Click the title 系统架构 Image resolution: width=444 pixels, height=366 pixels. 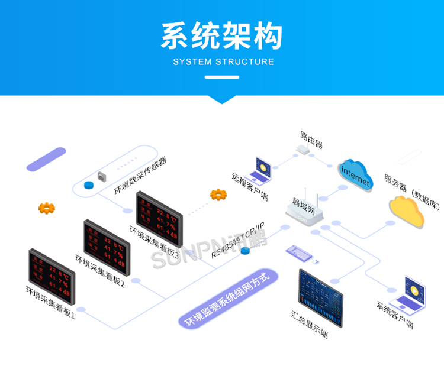click(221, 36)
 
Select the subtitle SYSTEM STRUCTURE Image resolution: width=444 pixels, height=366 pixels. click(223, 61)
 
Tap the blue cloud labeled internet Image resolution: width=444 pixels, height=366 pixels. click(355, 174)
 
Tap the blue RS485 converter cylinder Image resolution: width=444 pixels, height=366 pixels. click(245, 251)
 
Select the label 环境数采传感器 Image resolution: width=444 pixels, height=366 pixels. click(140, 176)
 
